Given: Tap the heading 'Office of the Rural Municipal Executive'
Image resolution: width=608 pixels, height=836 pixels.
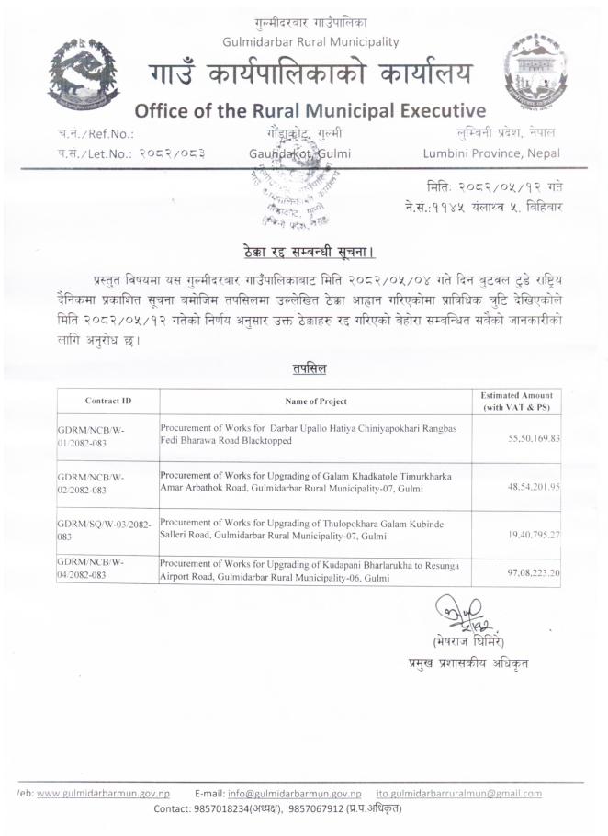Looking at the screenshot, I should click(310, 110).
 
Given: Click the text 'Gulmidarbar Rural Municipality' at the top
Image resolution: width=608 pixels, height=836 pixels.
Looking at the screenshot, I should click(310, 41).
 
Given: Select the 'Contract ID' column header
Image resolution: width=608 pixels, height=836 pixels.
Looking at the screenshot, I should click(108, 401).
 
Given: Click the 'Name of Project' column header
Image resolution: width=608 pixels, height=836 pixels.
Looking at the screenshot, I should click(316, 401).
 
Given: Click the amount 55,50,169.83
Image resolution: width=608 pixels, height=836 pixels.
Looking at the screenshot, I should click(535, 439).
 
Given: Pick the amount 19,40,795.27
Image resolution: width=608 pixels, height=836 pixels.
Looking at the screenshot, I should click(535, 532).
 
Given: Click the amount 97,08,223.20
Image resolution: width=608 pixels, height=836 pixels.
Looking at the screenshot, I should click(535, 571).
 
